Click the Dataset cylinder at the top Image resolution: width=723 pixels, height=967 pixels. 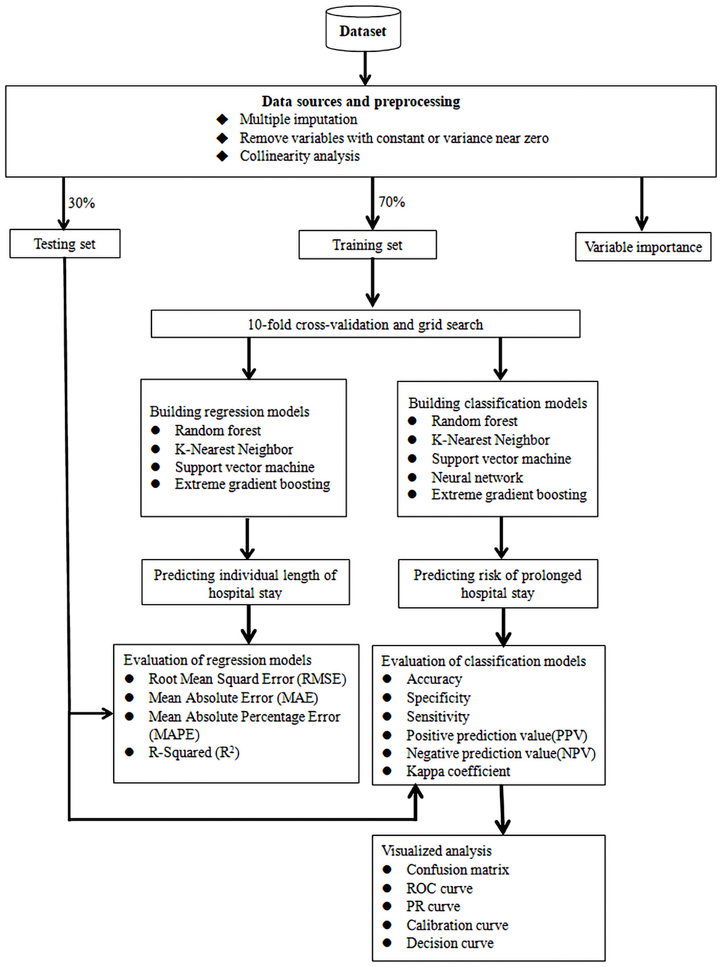tap(363, 30)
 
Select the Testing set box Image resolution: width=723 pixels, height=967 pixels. tap(64, 244)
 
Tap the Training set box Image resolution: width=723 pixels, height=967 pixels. tap(367, 245)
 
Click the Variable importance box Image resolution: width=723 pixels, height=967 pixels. tap(643, 247)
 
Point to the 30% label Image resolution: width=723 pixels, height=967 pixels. tap(82, 203)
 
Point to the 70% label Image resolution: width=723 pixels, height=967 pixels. tap(392, 202)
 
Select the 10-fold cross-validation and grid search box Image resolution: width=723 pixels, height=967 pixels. tap(365, 325)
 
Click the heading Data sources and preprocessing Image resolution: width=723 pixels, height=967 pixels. tap(361, 101)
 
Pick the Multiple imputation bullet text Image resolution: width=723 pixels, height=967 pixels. tap(298, 119)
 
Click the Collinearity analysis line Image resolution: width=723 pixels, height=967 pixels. tap(299, 156)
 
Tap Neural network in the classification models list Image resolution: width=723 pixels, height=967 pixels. tap(476, 477)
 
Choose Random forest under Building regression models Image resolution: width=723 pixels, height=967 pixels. tap(218, 430)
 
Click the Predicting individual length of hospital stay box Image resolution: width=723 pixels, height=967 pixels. tap(245, 583)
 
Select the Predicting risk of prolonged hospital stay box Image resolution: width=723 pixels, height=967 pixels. tap(497, 584)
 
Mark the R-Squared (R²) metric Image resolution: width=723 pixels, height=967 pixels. tap(193, 752)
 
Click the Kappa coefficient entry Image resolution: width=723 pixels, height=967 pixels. tap(458, 772)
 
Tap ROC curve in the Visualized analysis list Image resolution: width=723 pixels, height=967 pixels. tap(439, 888)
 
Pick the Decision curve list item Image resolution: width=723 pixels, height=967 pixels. tap(449, 944)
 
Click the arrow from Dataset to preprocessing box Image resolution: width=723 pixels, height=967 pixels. tap(365, 67)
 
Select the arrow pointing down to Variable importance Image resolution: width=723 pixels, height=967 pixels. tap(642, 204)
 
